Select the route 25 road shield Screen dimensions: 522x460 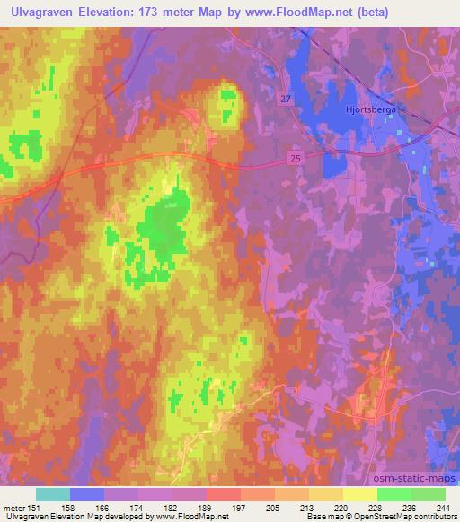pos(296,157)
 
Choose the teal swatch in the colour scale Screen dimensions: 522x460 pos(53,493)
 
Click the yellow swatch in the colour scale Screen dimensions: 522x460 pos(360,493)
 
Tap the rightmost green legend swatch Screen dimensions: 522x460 pos(429,493)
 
